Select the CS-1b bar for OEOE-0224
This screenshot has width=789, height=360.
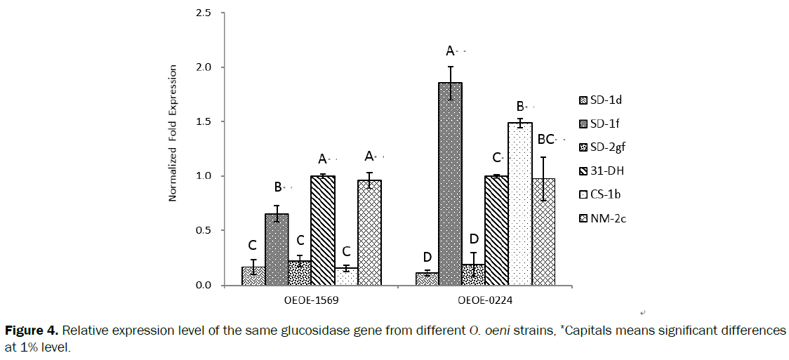520,204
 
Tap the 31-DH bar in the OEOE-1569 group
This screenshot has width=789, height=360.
323,230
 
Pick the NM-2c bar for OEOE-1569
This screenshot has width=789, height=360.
369,232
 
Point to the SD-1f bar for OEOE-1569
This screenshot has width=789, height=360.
277,249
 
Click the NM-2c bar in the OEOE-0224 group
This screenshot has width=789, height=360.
543,232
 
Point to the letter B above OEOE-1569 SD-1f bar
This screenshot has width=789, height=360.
278,187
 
